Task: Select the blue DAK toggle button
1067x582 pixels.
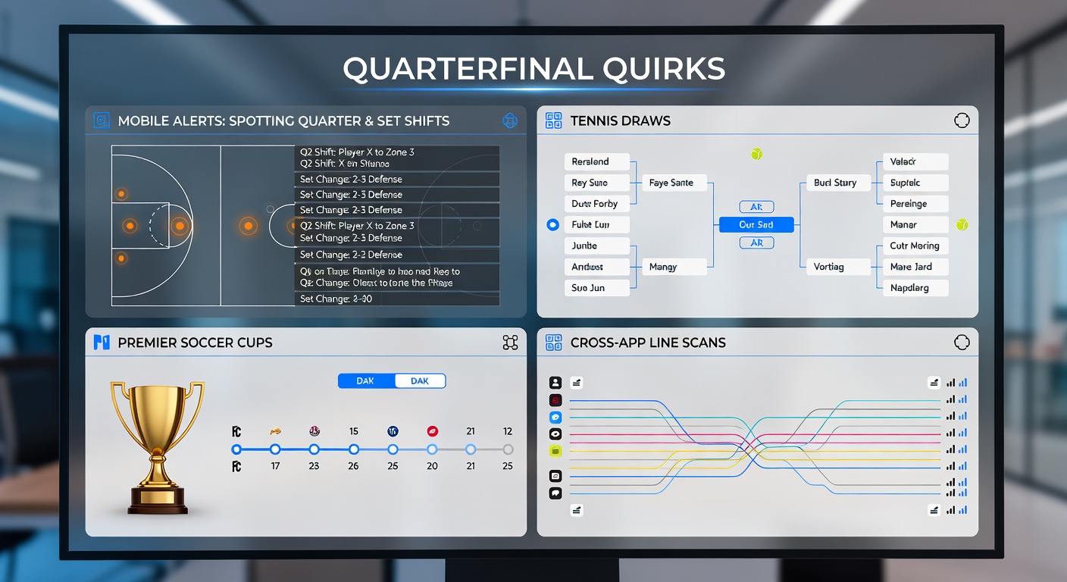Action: click(x=366, y=381)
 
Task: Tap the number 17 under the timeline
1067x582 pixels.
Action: click(x=275, y=466)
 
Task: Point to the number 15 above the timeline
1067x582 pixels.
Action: click(x=353, y=431)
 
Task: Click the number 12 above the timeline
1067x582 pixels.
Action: click(x=508, y=431)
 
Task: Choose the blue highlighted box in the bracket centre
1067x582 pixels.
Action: click(x=756, y=225)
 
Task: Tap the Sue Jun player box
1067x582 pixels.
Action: click(x=596, y=288)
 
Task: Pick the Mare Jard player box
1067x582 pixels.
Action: click(x=915, y=267)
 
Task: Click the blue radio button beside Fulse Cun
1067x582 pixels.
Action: click(x=552, y=224)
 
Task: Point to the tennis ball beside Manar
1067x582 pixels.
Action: click(x=962, y=225)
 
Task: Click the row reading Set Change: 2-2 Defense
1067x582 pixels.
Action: click(x=396, y=255)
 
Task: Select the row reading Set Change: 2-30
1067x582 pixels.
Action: click(x=396, y=299)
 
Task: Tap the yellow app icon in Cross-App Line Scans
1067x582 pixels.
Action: click(x=555, y=451)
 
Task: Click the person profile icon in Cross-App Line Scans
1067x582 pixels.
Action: click(x=555, y=383)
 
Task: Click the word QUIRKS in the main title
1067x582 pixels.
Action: click(x=664, y=69)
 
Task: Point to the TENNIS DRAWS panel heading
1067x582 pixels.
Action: click(x=620, y=120)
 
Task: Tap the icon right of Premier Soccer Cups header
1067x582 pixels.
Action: click(x=510, y=343)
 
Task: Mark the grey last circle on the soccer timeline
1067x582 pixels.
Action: click(x=508, y=449)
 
